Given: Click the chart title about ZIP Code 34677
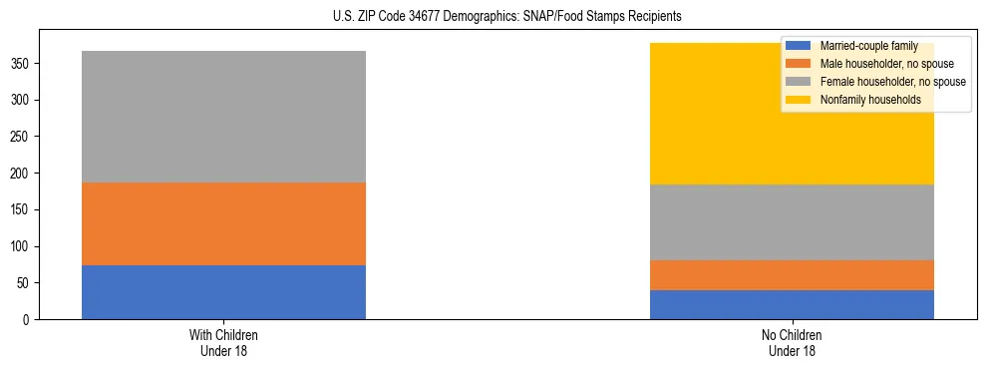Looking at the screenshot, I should pyautogui.click(x=507, y=17).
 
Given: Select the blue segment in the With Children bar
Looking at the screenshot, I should pyautogui.click(x=223, y=292).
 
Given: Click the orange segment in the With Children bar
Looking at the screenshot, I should pyautogui.click(x=223, y=223).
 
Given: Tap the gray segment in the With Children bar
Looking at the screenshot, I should pyautogui.click(x=223, y=117).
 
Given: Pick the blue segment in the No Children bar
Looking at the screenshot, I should pyautogui.click(x=792, y=304).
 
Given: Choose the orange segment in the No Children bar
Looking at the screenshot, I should pyautogui.click(x=792, y=275).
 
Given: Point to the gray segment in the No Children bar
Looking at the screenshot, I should pyautogui.click(x=792, y=222).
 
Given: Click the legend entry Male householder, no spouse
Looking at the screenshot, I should pyautogui.click(x=881, y=64).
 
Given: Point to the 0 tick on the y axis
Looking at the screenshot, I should pyautogui.click(x=28, y=319).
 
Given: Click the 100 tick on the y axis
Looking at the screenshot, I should pyautogui.click(x=22, y=246).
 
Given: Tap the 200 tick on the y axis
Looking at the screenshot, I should pyautogui.click(x=22, y=174).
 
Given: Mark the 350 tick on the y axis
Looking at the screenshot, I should pyautogui.click(x=22, y=64).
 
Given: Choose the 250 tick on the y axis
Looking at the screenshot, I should pyautogui.click(x=22, y=137).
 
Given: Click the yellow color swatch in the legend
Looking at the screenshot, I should pyautogui.click(x=799, y=100).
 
